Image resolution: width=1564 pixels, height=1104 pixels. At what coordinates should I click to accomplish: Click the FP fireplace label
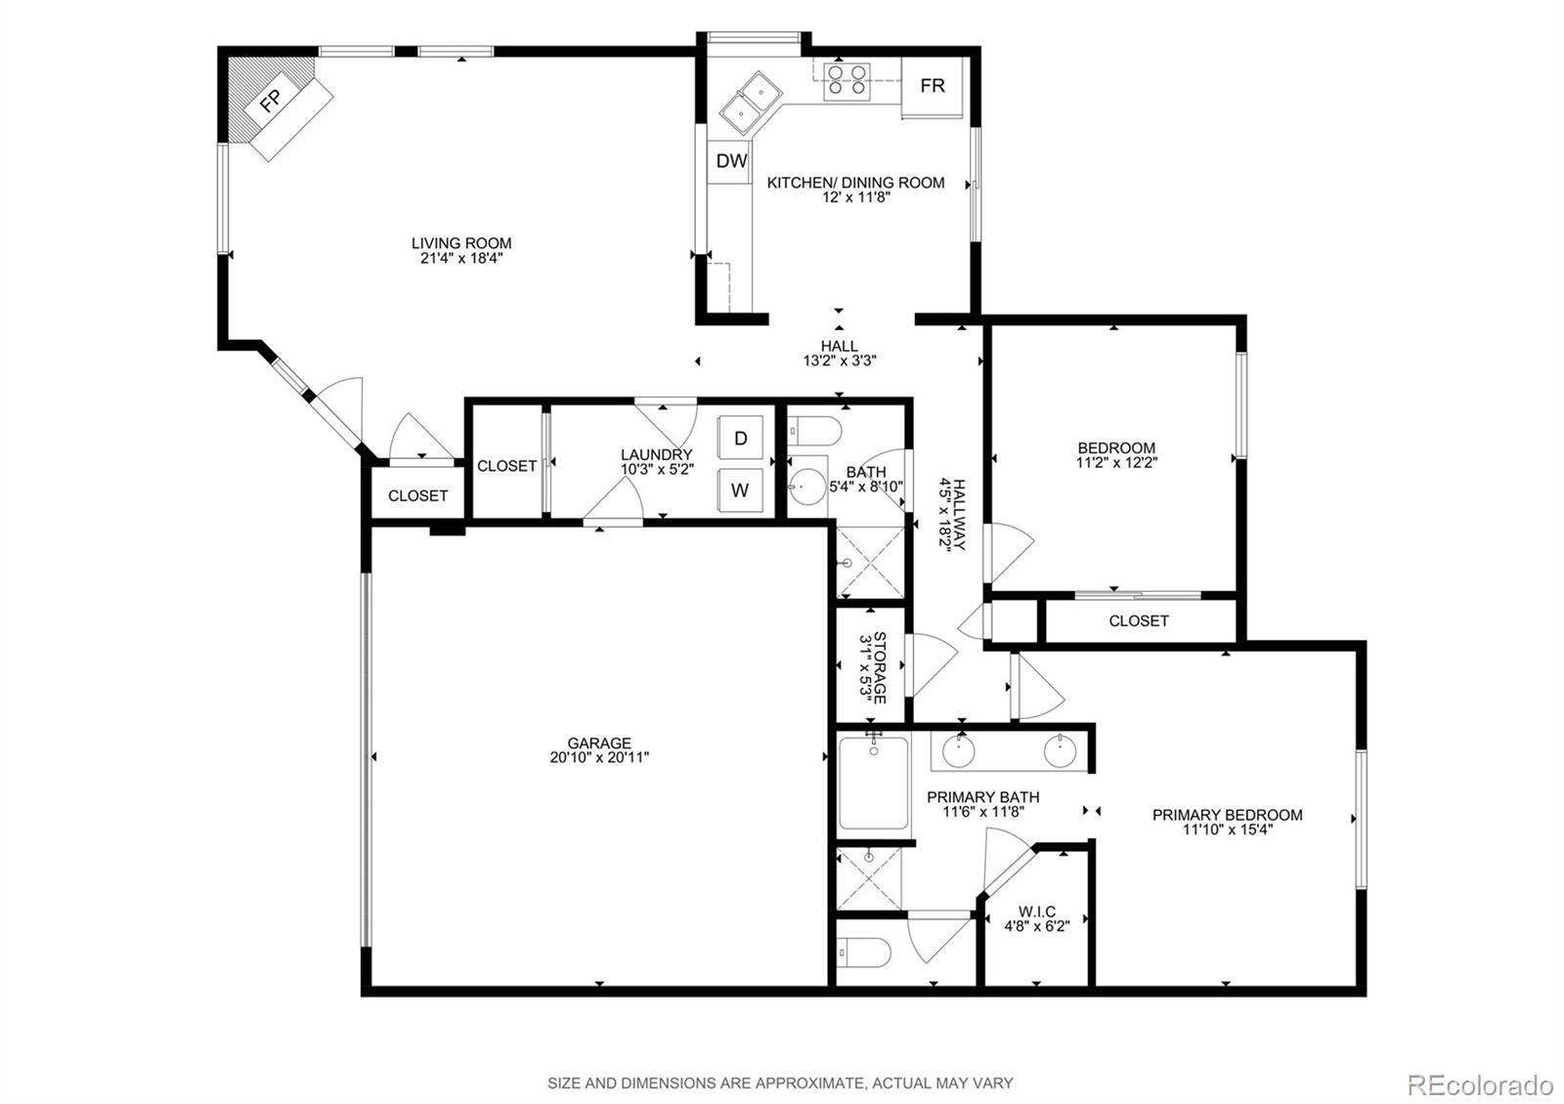[271, 100]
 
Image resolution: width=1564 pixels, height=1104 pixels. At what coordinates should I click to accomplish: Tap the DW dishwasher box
[731, 161]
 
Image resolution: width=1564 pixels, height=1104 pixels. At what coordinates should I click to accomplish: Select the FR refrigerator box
[933, 86]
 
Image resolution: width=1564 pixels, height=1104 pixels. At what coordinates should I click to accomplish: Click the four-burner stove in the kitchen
[847, 79]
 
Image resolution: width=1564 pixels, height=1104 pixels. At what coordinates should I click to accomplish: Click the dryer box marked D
[741, 439]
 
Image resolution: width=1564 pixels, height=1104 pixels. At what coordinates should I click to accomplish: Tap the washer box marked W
[740, 490]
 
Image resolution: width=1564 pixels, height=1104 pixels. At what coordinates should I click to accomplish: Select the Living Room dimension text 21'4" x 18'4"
[461, 259]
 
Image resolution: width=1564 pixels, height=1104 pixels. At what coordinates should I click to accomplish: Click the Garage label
[599, 743]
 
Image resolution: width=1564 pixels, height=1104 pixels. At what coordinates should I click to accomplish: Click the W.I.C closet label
[1037, 912]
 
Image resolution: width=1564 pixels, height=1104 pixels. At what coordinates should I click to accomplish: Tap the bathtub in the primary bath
[873, 784]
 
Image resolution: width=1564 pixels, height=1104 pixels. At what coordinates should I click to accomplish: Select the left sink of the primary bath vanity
[959, 751]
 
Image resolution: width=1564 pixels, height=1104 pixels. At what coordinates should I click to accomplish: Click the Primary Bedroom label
[1227, 815]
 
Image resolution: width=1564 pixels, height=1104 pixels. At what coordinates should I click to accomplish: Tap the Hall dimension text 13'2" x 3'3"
[839, 361]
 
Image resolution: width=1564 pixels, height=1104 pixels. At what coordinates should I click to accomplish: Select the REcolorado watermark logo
[1479, 1084]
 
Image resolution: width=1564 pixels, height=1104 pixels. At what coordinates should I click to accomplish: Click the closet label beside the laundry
[506, 466]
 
